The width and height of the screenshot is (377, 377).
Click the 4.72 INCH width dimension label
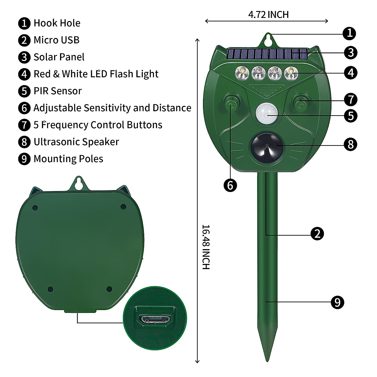(268, 14)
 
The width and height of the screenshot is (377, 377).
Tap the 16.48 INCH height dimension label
(206, 247)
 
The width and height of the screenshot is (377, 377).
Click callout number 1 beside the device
(349, 33)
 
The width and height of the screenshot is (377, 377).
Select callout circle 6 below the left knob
(230, 185)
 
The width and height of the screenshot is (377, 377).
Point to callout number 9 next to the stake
(337, 302)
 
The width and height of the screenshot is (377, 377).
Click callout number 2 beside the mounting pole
(317, 234)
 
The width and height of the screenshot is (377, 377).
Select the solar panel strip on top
(267, 54)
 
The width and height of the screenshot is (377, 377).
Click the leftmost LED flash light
(242, 73)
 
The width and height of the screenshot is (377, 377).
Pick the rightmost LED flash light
(291, 73)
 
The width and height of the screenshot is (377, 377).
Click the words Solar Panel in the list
(59, 57)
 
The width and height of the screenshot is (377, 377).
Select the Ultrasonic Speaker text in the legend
(76, 142)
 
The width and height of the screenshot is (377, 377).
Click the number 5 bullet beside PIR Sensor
(24, 91)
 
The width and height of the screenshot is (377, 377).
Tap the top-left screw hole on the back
(35, 208)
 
